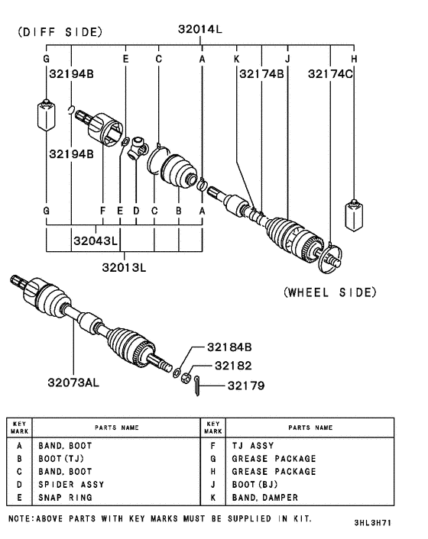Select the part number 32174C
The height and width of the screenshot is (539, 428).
click(x=331, y=74)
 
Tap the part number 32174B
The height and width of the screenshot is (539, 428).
click(x=261, y=74)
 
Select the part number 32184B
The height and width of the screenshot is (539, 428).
click(x=228, y=347)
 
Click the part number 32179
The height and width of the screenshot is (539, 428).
click(x=245, y=386)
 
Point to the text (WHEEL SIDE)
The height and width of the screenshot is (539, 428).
click(x=329, y=292)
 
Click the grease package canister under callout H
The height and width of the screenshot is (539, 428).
click(x=354, y=215)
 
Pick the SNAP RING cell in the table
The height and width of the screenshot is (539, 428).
click(x=66, y=497)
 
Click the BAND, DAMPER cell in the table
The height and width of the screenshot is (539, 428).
click(x=264, y=497)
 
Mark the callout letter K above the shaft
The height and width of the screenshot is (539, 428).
click(x=237, y=59)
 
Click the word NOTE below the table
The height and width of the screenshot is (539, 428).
click(x=20, y=518)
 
